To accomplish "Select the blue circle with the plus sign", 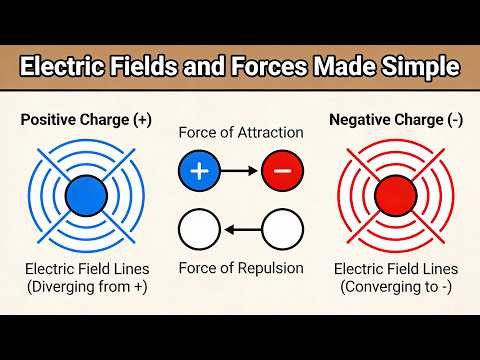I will pos(199,171).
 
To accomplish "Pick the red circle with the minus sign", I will pos(282,171).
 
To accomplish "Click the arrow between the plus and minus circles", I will pos(240,171).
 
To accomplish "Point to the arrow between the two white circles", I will pos(240,231).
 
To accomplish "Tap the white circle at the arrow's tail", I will pos(282,231).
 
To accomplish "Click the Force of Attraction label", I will pos(240,134).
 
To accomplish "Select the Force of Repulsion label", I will pos(240,268).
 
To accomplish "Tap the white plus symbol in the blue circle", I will pos(199,171).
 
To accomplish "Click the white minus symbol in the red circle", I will pos(282,171).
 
